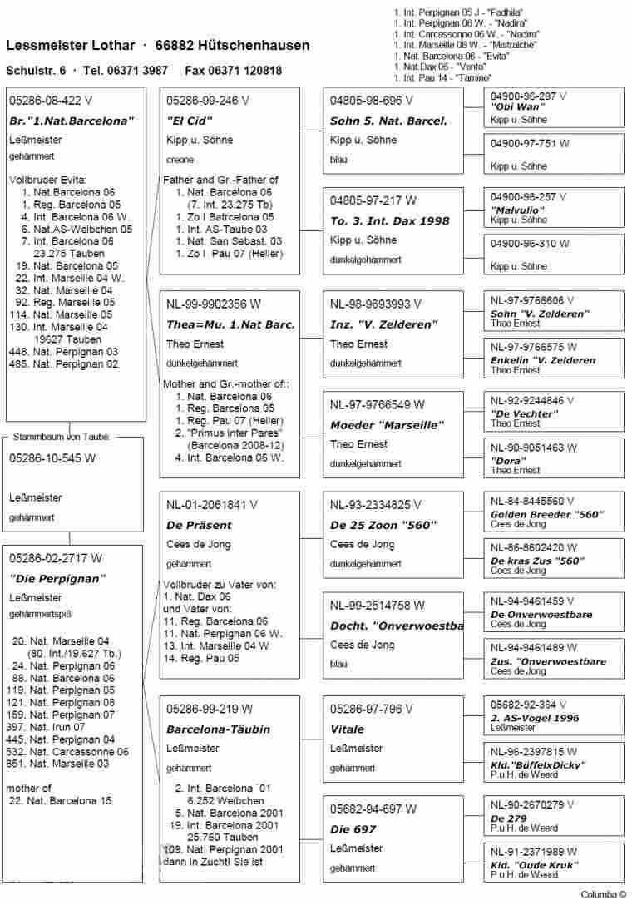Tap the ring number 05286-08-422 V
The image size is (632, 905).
point(45,101)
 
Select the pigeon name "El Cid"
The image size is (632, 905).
point(185,121)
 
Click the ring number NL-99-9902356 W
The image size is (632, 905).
point(213,304)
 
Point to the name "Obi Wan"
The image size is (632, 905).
point(517,107)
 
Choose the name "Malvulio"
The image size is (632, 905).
point(520,210)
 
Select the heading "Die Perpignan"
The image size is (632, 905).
point(57,578)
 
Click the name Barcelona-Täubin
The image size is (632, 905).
point(206,729)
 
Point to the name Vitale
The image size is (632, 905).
point(347,729)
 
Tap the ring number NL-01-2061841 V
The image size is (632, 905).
point(212,504)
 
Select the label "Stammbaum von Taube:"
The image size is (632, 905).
point(67,436)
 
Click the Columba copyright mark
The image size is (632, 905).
point(603,895)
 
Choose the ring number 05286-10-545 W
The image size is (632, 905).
point(52,457)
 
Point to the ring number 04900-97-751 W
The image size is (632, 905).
point(530,143)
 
